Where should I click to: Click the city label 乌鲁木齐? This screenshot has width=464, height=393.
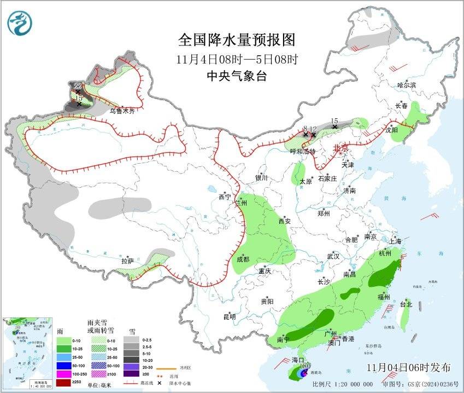click(122, 111)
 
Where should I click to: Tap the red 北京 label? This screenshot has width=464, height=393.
click(340, 148)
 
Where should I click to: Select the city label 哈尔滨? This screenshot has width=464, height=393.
click(407, 85)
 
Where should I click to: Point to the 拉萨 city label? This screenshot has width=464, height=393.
click(127, 262)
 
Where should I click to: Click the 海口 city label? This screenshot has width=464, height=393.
click(297, 360)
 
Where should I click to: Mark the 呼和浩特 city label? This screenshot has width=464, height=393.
click(303, 152)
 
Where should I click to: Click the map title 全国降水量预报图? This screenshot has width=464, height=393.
click(237, 41)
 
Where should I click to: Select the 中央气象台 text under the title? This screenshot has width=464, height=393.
click(237, 76)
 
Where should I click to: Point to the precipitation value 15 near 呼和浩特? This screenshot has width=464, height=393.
click(334, 120)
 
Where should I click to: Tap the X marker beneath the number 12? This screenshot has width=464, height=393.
click(313, 135)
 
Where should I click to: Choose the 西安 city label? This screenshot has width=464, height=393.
click(285, 222)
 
